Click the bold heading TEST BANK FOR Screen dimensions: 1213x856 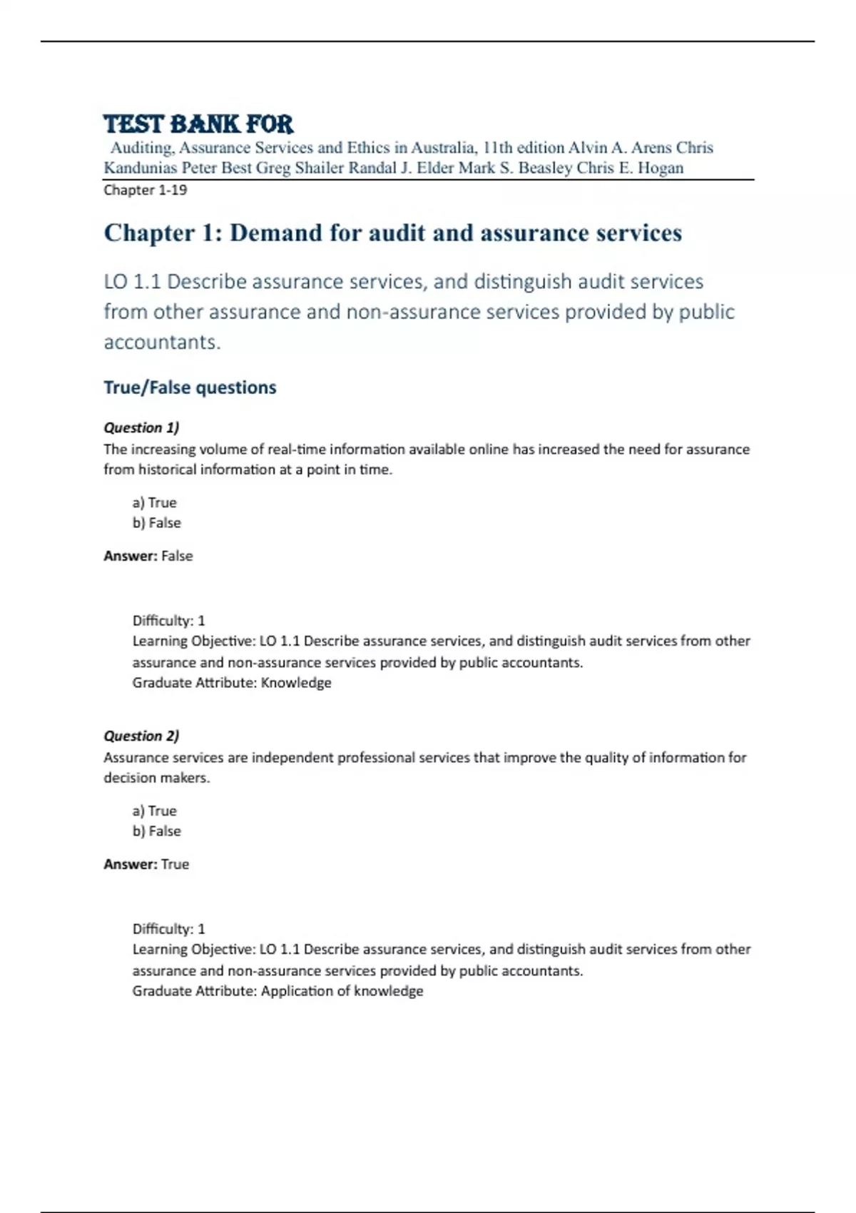(198, 124)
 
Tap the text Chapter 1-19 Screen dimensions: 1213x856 (146, 190)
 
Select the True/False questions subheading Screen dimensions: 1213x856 (190, 387)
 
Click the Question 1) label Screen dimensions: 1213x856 (141, 427)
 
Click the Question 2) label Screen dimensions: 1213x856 (141, 736)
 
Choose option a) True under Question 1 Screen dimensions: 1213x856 (154, 502)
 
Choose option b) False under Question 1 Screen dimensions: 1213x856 (156, 523)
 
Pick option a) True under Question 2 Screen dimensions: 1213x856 (154, 811)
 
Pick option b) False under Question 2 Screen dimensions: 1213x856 (156, 831)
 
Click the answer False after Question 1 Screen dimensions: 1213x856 (177, 556)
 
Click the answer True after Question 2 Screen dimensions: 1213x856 (175, 864)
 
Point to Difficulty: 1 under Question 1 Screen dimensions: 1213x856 (168, 621)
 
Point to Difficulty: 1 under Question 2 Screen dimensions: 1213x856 (168, 929)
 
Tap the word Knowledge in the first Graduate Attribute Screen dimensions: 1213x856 (296, 683)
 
